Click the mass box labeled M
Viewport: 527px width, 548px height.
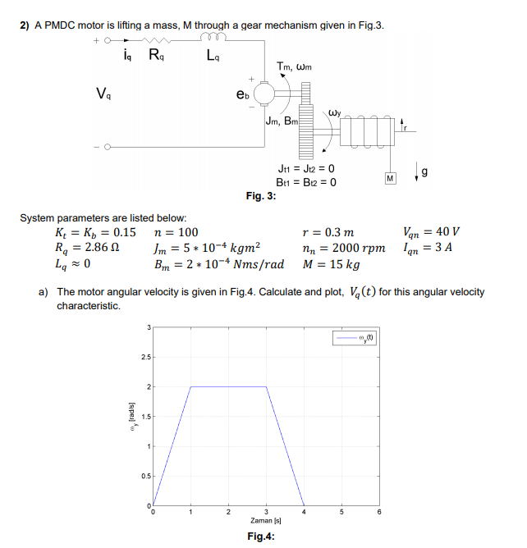point(391,177)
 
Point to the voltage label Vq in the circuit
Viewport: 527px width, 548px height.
point(103,92)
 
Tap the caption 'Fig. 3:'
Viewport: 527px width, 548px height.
point(261,195)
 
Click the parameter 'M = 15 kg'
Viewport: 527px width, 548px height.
point(332,264)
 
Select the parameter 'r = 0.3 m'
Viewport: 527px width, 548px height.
point(328,232)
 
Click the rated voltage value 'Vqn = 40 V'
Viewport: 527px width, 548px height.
point(432,231)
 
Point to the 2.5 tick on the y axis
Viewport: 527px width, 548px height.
point(144,357)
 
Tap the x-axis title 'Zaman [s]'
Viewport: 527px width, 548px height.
point(265,521)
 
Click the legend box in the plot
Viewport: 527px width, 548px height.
point(355,336)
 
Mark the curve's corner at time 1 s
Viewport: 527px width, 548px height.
point(190,386)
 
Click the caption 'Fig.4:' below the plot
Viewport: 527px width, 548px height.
point(261,537)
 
